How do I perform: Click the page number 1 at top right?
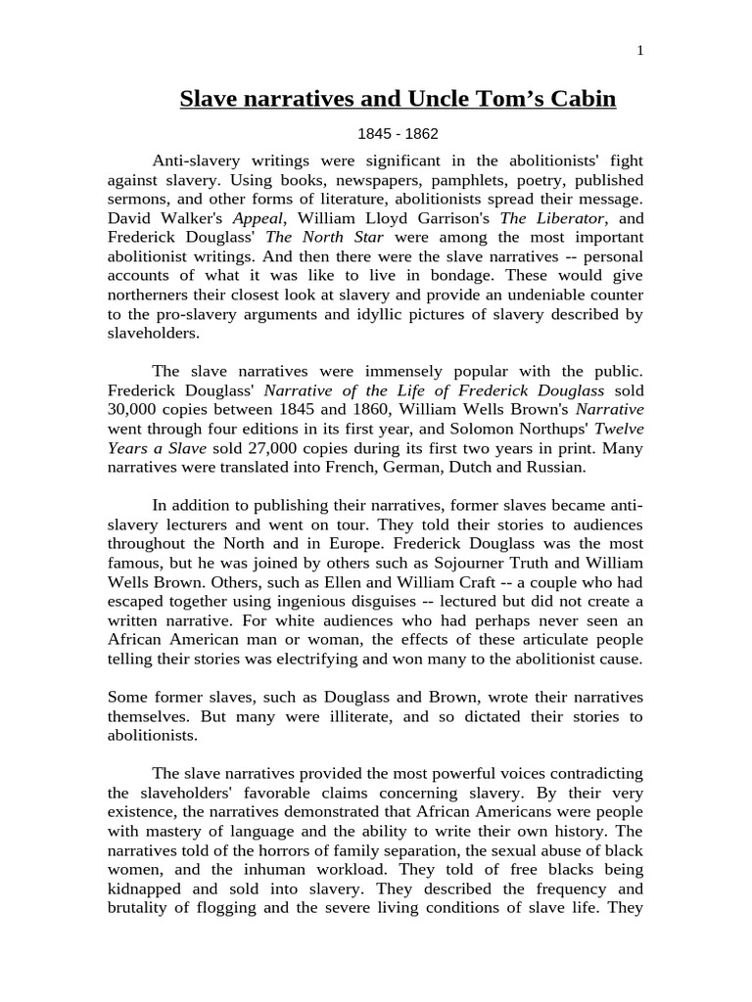point(640,52)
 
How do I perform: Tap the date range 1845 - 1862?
point(398,134)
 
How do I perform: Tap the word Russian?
point(555,467)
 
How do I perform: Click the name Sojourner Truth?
point(464,563)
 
